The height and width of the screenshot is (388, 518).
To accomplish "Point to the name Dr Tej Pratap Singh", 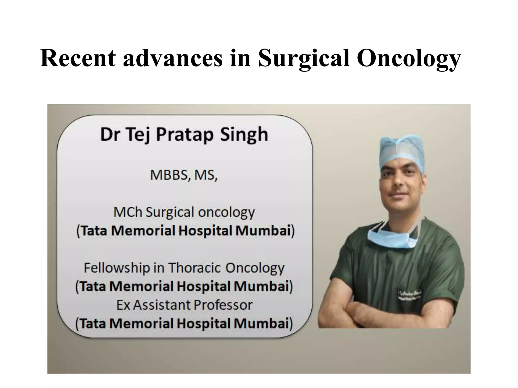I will click(x=184, y=134).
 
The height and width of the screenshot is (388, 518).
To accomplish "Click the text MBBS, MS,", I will click(x=184, y=175).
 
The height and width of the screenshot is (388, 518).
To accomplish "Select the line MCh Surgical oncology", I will click(x=184, y=212).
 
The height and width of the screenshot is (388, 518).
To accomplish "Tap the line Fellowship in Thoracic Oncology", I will click(x=184, y=268).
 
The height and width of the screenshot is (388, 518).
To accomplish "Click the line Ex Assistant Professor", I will click(x=184, y=305).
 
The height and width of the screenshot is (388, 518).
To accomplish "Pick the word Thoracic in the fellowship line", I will click(x=195, y=268).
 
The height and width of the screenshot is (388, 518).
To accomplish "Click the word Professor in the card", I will click(x=223, y=305).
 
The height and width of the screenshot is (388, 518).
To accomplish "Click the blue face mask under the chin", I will click(x=392, y=239).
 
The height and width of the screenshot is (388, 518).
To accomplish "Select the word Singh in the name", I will click(x=244, y=134).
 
